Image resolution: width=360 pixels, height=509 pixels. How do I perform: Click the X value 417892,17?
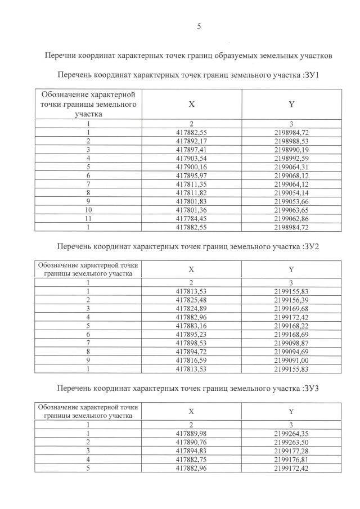191,141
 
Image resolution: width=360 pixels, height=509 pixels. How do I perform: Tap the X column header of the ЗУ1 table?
191,104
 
